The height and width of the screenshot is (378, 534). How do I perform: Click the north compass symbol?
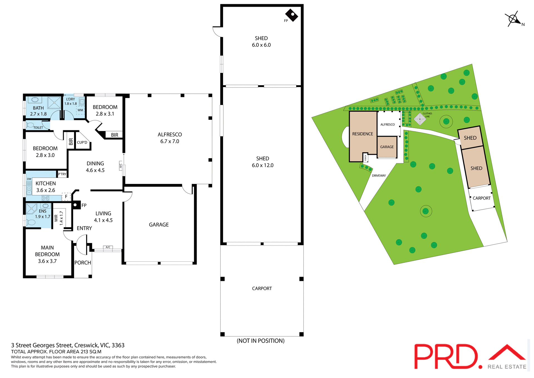pos(513,19)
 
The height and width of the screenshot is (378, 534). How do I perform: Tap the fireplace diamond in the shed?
pos(291,15)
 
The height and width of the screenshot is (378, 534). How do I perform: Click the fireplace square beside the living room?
pos(75,205)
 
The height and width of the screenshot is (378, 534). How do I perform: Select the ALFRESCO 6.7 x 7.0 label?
pos(170,138)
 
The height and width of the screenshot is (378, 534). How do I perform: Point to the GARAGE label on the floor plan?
pos(159,225)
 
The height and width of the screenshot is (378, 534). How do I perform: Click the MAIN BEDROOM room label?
pos(47,254)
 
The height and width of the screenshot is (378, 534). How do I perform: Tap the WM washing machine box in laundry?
pos(80,110)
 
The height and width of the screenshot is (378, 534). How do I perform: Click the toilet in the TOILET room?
pos(30,125)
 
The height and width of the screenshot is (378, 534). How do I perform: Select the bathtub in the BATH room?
pos(35,100)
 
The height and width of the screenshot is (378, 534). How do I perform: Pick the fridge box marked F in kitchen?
pos(66,197)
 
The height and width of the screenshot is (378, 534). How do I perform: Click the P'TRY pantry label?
pos(62,174)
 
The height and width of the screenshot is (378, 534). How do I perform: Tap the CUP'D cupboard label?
pos(82,143)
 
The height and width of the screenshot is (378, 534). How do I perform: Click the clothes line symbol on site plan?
pos(420,119)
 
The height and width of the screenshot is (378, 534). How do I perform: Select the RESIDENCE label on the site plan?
pos(363,134)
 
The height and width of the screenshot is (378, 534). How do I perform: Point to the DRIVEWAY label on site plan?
pos(379,176)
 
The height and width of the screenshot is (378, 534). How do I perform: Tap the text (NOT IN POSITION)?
pos(261,341)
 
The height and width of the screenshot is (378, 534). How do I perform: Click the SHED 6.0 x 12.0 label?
pos(263,162)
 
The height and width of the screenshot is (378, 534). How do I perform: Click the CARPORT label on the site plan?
pos(482,198)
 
